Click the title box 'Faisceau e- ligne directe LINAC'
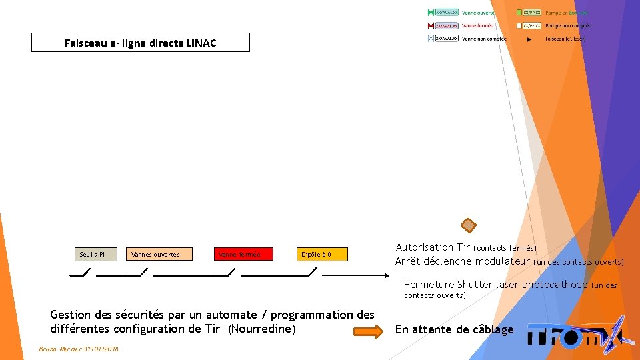[140, 43]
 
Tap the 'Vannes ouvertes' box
[158, 254]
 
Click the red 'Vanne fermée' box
[243, 254]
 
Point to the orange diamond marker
[469, 225]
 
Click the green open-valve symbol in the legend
[431, 13]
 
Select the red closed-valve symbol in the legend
[431, 25]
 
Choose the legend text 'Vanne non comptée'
[484, 39]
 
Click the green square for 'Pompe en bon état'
[519, 13]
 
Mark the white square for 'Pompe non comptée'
[519, 25]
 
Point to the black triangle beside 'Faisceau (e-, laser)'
[530, 39]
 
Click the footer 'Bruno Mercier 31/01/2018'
[79, 349]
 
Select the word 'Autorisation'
[424, 247]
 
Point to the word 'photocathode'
[555, 285]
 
